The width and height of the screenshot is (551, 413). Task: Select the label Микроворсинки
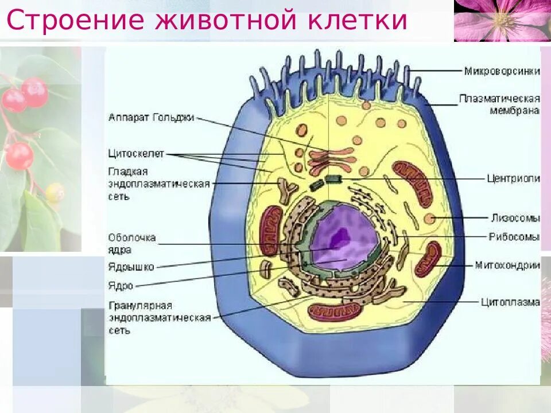[502, 71]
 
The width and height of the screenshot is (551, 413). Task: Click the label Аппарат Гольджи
[151, 118]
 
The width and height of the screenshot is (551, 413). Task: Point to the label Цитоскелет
[135, 153]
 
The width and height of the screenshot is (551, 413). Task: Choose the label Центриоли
[513, 178]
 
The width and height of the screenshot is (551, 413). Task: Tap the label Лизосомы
[515, 218]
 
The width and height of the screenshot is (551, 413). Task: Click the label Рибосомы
[514, 236]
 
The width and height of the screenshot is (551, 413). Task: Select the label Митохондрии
[507, 265]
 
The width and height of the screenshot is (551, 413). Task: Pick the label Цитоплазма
[510, 301]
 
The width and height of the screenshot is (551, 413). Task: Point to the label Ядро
[121, 285]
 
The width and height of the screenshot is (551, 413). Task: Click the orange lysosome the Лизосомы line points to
[429, 218]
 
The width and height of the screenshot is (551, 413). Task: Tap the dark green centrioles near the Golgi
[325, 182]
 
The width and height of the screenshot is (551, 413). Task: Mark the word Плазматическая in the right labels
[499, 99]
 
